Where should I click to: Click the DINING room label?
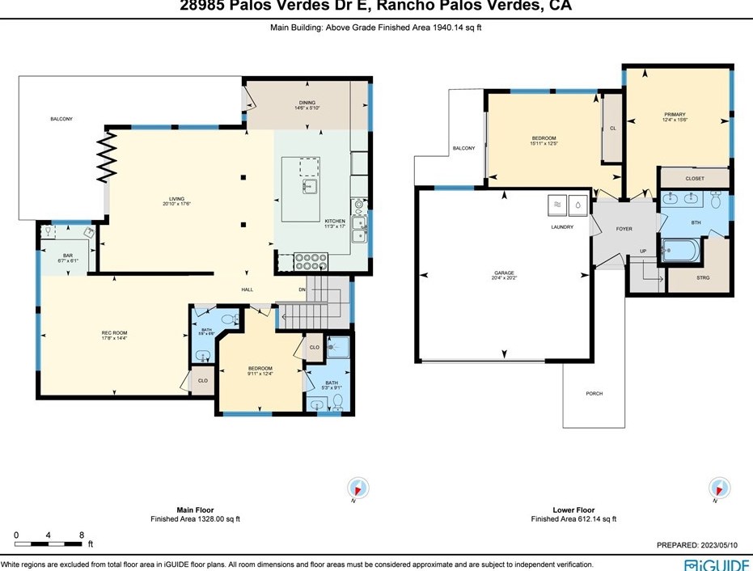[307, 103]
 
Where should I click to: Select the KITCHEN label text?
[335, 221]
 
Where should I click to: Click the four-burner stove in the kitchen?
[311, 261]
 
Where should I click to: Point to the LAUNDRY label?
[562, 227]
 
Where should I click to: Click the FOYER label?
[624, 229]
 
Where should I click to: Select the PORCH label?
[594, 393]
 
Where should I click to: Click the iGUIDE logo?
[716, 564]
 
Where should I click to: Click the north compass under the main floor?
[357, 489]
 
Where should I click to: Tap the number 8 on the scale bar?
[82, 535]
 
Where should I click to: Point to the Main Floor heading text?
[195, 510]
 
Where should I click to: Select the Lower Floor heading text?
[573, 510]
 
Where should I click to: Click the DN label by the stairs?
[302, 289]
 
